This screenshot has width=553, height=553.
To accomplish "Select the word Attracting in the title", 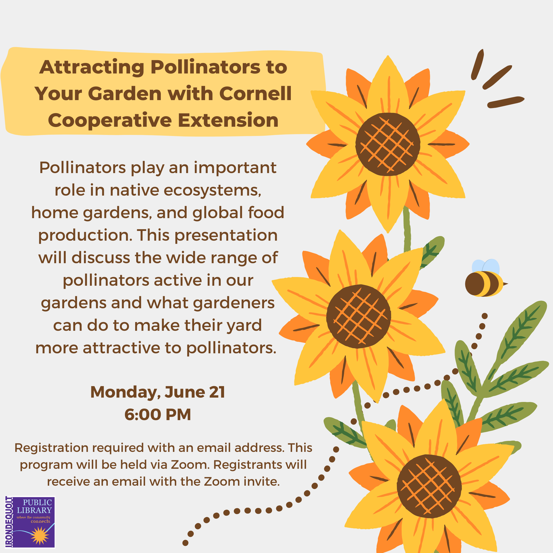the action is tap(92, 68).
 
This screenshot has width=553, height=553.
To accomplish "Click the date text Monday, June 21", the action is tap(158, 392).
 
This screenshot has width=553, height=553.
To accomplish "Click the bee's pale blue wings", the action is tap(485, 267).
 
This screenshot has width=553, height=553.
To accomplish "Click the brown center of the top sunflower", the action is tap(388, 144).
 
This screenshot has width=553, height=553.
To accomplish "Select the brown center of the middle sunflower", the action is tap(358, 316).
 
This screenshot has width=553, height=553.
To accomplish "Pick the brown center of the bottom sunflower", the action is tap(429, 486).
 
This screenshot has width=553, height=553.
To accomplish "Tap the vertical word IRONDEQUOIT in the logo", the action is tap(9, 522).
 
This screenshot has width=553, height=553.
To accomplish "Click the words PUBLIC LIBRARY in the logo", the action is tap(34, 506).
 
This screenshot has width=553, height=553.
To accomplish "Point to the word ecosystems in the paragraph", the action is tap(212, 190).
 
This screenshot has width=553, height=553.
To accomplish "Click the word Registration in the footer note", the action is tap(51, 448).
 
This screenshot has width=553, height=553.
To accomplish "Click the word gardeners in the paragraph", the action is tap(234, 303).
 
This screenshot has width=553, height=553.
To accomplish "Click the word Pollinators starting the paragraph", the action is tap(82, 167).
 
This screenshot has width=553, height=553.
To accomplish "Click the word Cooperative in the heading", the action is tap(110, 121).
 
